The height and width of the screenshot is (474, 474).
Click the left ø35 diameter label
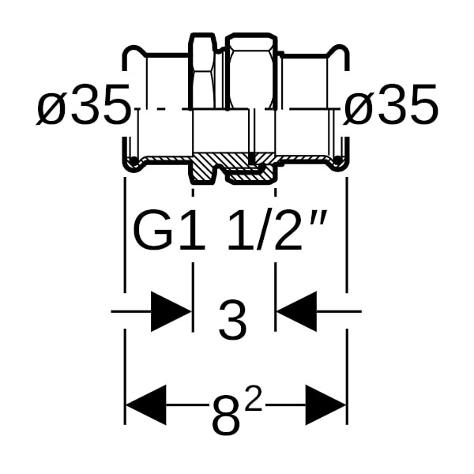tap(83, 104)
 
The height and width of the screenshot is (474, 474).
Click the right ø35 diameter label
tap(390, 104)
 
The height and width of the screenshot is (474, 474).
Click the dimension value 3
tap(233, 320)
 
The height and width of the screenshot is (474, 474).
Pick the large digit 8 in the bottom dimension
tap(227, 415)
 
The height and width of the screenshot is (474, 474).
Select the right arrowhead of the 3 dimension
tap(297, 311)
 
